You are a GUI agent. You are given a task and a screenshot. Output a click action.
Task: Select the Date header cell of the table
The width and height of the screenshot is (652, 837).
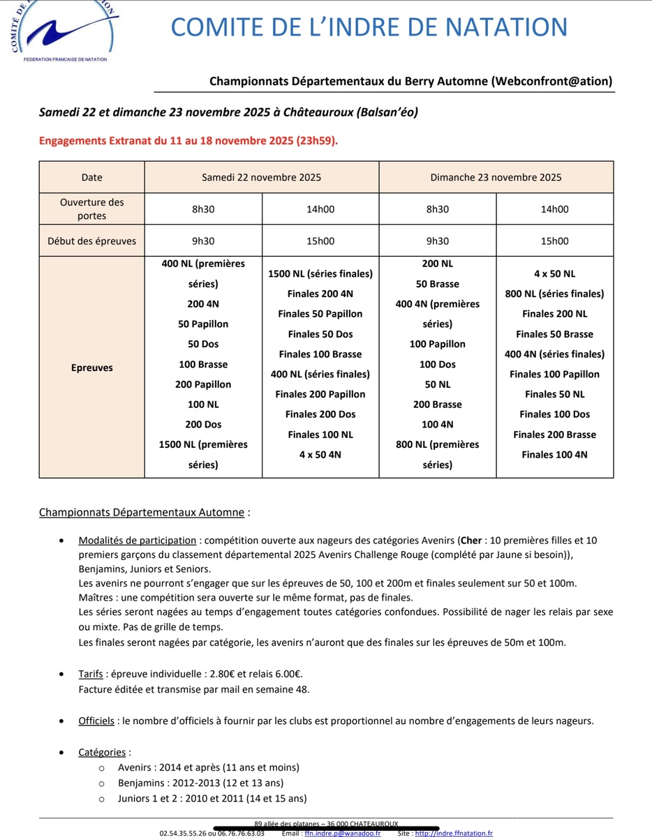[91, 177]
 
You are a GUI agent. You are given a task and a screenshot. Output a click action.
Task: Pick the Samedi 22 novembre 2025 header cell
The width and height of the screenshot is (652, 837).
[261, 177]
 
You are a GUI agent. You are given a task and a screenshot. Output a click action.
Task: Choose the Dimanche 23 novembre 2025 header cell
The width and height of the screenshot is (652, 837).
[496, 177]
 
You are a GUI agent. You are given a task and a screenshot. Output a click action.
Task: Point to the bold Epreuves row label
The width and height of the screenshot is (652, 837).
[91, 368]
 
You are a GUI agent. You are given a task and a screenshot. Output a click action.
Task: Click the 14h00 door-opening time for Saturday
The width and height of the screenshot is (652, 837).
[320, 209]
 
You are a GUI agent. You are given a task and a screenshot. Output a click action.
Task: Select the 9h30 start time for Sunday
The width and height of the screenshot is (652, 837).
[437, 241]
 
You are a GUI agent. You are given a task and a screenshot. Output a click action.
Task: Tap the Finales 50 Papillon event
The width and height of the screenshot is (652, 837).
[320, 314]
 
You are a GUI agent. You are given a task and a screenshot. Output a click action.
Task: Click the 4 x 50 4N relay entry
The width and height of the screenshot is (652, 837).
[320, 454]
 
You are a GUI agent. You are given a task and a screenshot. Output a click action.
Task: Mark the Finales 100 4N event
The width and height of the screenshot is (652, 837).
[554, 454]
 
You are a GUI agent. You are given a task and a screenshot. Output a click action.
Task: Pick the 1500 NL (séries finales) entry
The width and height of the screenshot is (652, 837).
[320, 273]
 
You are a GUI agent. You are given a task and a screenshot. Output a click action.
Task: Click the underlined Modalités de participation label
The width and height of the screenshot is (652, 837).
[138, 540]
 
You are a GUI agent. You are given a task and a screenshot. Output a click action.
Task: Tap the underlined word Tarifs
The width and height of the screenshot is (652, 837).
[92, 674]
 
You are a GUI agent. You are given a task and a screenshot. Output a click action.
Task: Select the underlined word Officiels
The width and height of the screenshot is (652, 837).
[96, 721]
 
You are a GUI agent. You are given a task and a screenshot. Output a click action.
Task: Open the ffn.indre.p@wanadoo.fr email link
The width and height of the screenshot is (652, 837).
[343, 833]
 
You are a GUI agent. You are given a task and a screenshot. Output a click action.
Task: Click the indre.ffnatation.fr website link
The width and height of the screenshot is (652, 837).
[454, 833]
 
